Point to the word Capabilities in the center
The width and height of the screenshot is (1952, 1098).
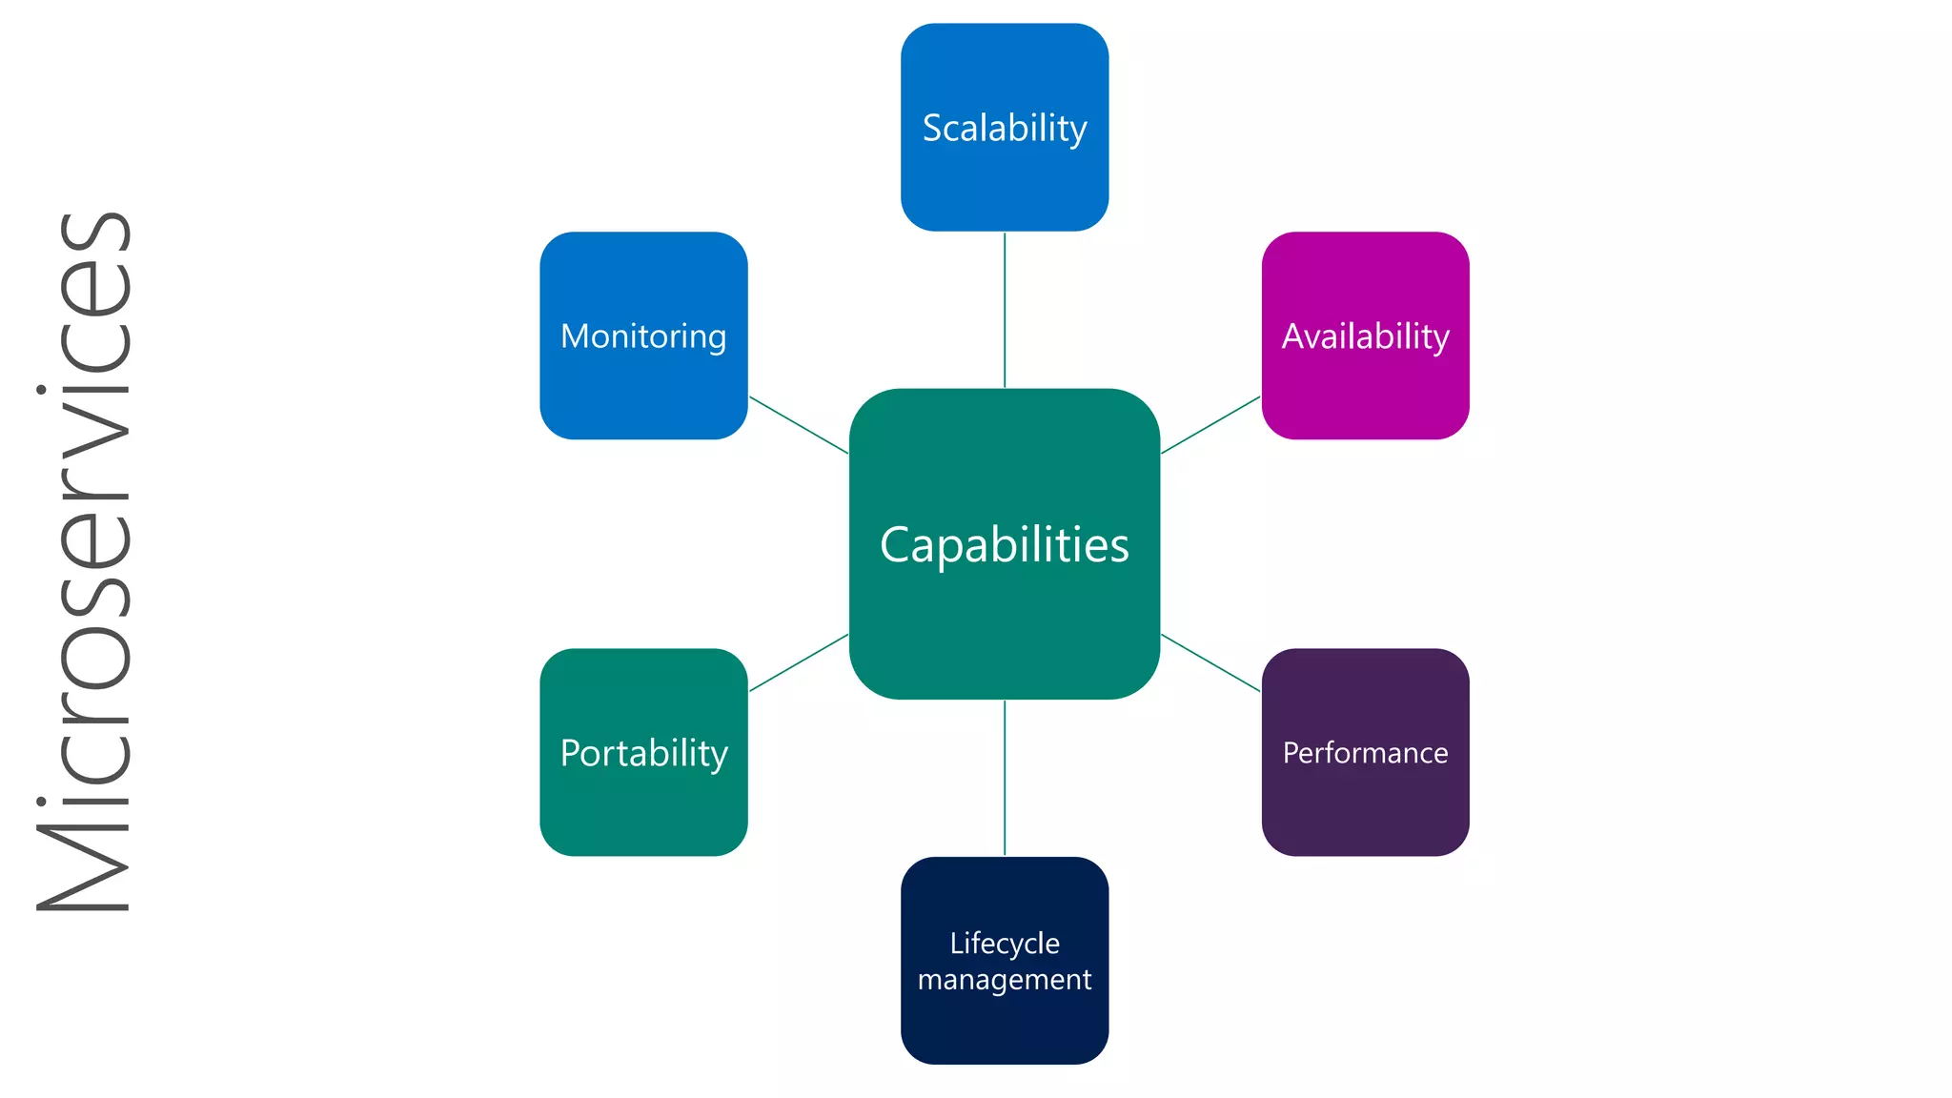click(x=1005, y=545)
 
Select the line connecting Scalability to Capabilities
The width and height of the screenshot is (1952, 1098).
click(x=1005, y=310)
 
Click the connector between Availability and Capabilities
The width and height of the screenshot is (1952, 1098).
click(x=1210, y=425)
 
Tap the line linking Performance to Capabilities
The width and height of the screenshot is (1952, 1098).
click(x=1210, y=662)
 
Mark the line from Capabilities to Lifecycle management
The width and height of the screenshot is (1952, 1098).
click(x=1005, y=778)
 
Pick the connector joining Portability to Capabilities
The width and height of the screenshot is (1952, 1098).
click(x=799, y=662)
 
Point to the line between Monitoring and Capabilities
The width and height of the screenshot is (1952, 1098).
click(x=799, y=425)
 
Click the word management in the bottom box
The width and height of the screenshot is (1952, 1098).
click(x=1005, y=980)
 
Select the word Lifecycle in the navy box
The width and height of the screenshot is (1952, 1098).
click(x=1005, y=943)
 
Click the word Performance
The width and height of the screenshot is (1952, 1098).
click(x=1365, y=753)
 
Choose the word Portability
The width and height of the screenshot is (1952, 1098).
click(x=643, y=753)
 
